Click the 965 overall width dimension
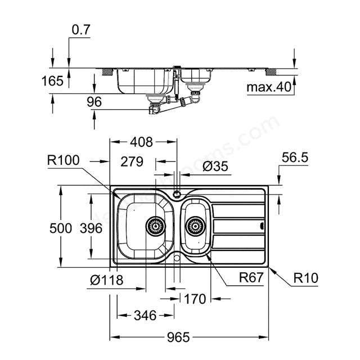[179, 337]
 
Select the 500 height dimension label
[61, 228]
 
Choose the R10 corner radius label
[306, 277]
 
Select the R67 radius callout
[251, 277]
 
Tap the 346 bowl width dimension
[145, 316]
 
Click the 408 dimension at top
[140, 143]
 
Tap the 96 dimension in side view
[94, 102]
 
